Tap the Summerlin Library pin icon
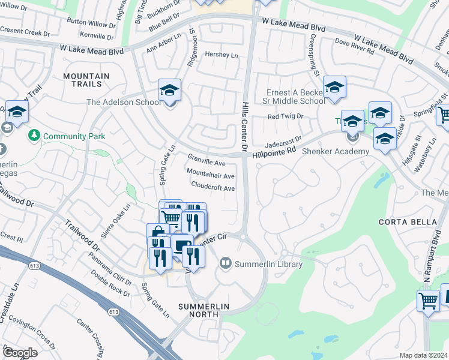(x=226, y=262)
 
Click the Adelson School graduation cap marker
(x=170, y=91)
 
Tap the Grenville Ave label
(x=206, y=163)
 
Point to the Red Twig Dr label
(x=286, y=116)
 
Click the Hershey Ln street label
(x=222, y=55)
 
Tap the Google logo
(x=20, y=353)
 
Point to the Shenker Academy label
(x=336, y=151)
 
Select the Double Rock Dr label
(x=110, y=284)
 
